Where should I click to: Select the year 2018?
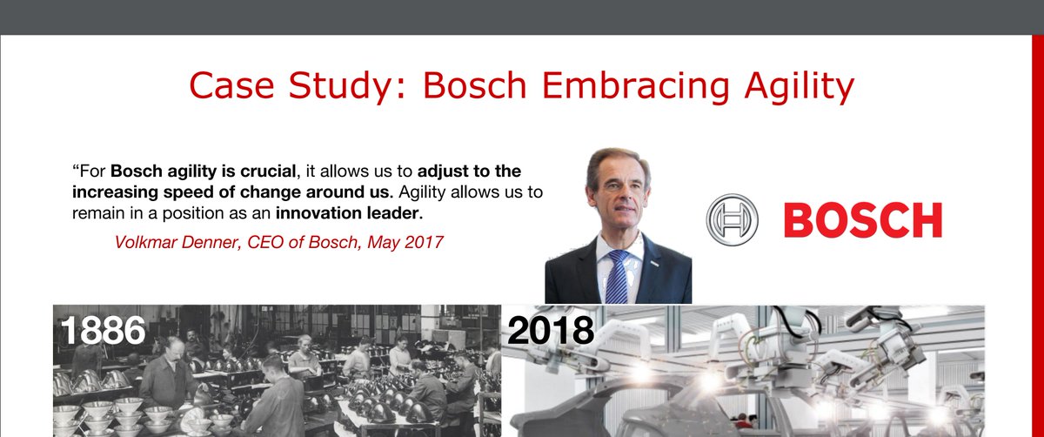pos(550,330)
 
